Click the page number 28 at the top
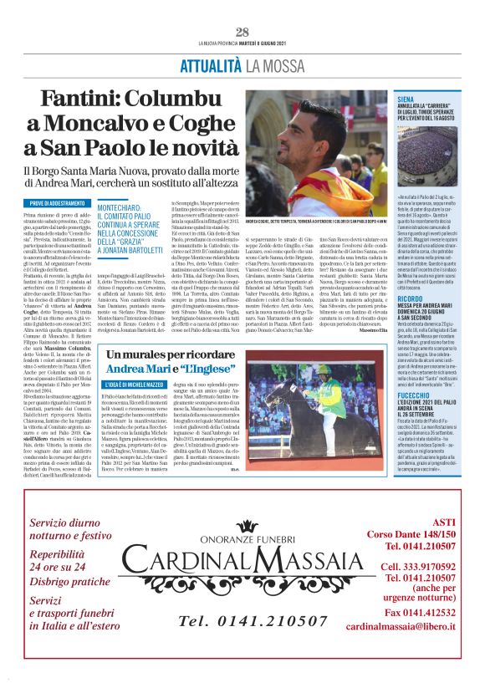point(242,32)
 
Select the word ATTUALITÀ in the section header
point(212,64)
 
